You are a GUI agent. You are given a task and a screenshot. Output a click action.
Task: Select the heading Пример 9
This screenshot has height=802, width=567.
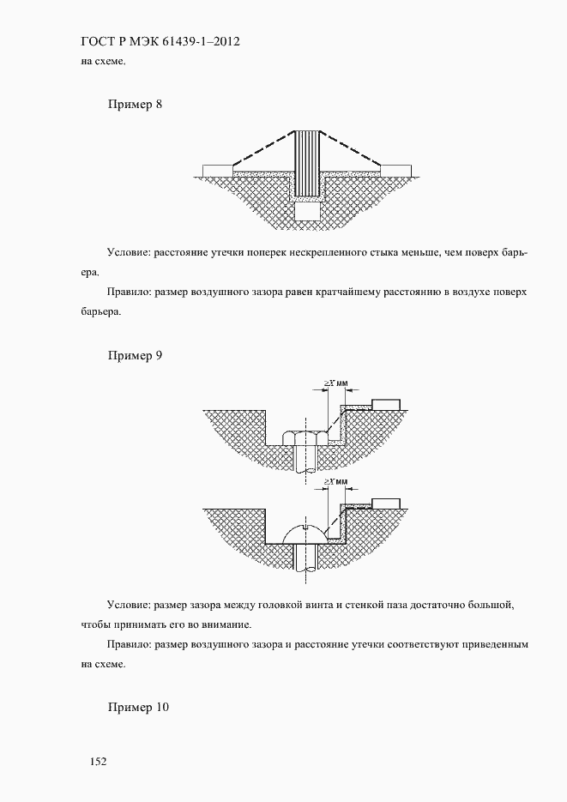pyautogui.click(x=136, y=355)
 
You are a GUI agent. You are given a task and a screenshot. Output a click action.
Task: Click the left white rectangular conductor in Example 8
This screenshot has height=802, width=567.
pyautogui.click(x=215, y=169)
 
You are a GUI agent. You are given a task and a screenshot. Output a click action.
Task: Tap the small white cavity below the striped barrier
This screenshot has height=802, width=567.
pyautogui.click(x=306, y=211)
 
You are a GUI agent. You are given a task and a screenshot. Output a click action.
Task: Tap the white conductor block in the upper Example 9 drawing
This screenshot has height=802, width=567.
pyautogui.click(x=388, y=403)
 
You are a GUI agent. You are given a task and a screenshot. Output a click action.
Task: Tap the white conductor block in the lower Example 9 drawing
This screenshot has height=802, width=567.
pyautogui.click(x=388, y=502)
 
